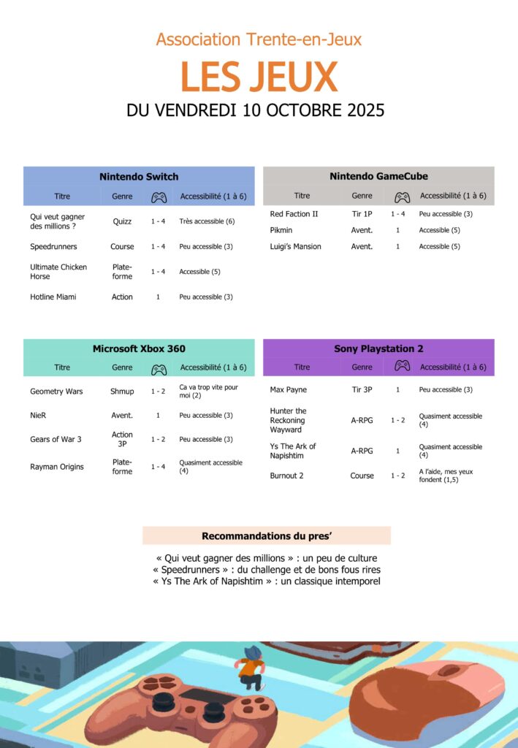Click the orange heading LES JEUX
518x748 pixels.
[259, 77]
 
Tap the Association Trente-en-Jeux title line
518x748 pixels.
[259, 39]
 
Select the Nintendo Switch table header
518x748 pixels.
[139, 176]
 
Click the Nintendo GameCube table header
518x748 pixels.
[378, 176]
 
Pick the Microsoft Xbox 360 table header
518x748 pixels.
[139, 348]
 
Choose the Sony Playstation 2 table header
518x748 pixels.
[378, 348]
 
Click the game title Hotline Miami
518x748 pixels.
[53, 297]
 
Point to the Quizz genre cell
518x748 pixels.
[122, 221]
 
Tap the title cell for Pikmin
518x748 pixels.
[281, 230]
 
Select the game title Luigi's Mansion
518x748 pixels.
[295, 246]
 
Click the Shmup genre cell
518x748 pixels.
[122, 392]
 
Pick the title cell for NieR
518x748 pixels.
[39, 415]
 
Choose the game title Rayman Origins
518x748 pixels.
[57, 467]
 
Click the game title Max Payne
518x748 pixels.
[288, 389]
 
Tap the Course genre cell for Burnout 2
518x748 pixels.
[362, 476]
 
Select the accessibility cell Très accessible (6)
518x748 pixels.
[207, 221]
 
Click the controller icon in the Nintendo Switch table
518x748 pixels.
[159, 196]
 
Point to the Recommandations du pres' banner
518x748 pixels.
[267, 535]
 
